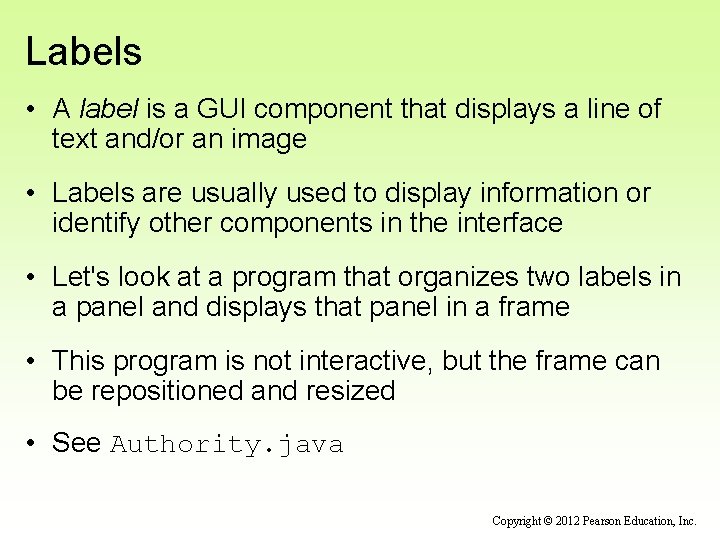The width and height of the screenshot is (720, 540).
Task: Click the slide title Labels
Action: pos(84,52)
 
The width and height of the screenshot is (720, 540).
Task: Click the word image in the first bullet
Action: pos(270,139)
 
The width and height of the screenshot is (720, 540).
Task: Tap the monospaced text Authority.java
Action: pos(227,445)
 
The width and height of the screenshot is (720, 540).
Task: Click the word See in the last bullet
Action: pos(77,444)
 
